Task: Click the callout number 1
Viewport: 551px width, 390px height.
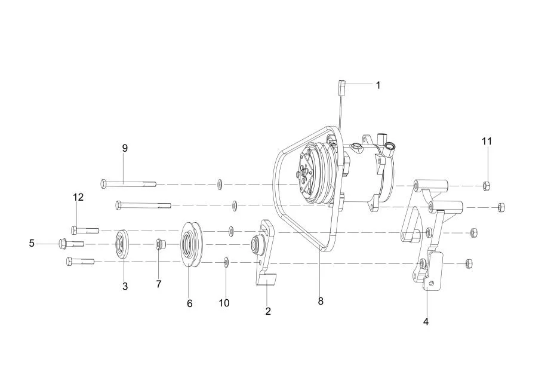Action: click(378, 85)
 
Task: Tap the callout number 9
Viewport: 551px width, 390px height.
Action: click(125, 148)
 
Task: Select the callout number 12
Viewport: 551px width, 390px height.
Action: click(78, 197)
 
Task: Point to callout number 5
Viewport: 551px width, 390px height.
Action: click(32, 243)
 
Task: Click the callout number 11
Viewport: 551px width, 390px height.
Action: click(487, 142)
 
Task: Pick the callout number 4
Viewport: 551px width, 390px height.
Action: click(426, 321)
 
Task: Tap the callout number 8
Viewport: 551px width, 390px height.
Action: click(321, 301)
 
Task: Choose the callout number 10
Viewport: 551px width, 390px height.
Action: click(224, 303)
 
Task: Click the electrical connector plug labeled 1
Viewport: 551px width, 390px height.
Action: click(343, 86)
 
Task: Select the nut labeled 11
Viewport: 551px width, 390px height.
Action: click(487, 185)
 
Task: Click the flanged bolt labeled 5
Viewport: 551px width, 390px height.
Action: click(71, 243)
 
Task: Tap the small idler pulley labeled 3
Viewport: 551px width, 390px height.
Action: click(122, 244)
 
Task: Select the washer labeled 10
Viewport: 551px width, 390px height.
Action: click(226, 262)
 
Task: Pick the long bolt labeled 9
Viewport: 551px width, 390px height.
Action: click(128, 184)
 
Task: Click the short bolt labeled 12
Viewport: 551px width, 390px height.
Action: click(85, 231)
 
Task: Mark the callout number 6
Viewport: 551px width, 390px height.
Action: click(190, 303)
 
